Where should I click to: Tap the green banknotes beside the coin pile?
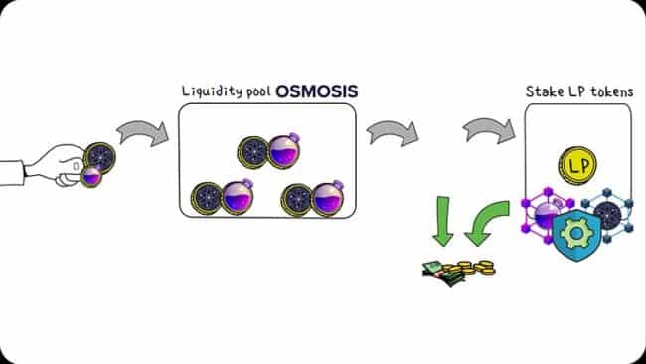point(436,270)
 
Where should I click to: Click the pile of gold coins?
point(473,267)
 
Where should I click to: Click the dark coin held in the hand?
point(99,157)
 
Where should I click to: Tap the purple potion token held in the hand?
point(91,176)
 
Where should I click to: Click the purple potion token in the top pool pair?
point(280,150)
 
